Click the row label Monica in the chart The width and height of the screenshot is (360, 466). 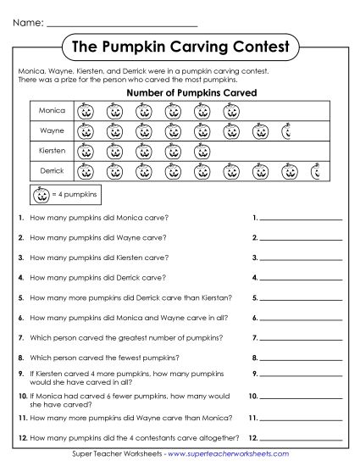point(53,110)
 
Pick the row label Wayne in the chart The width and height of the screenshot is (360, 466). point(53,130)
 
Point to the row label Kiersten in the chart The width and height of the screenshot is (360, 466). point(53,151)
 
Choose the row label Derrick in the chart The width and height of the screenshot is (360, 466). point(53,171)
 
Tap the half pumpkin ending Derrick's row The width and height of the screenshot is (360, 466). point(315,172)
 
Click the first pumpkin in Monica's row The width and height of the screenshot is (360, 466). point(85,111)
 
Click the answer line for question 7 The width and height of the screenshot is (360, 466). point(301,339)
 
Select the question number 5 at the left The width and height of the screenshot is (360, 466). point(19,297)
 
